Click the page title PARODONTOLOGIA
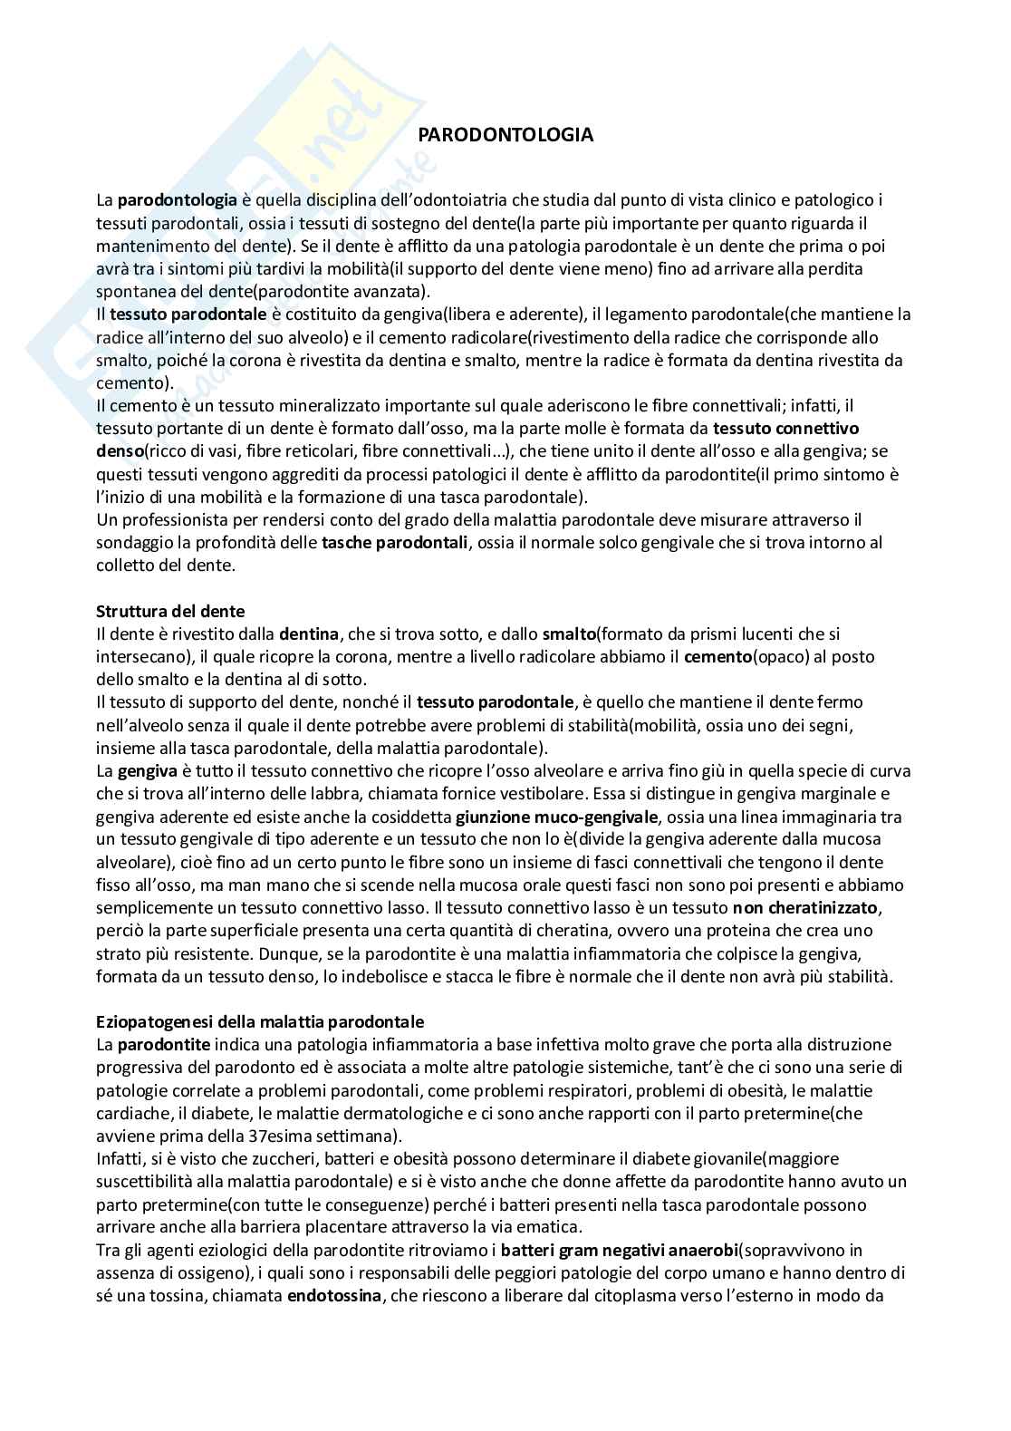click(505, 135)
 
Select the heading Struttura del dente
click(170, 611)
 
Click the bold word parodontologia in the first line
click(178, 199)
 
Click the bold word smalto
click(569, 633)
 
